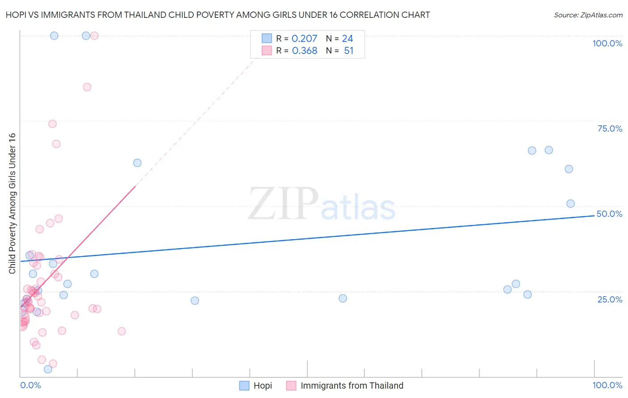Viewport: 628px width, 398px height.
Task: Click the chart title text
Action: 218,15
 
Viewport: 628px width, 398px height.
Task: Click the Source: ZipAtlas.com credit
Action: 588,15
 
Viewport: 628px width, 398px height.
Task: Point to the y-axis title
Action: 12,203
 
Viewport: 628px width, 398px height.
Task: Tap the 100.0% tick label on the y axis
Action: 607,43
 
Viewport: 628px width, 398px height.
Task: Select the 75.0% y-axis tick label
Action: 610,129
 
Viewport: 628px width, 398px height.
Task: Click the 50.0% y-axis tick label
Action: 609,214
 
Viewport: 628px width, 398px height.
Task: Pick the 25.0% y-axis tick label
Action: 610,299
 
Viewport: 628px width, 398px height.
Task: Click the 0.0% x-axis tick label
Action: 30,385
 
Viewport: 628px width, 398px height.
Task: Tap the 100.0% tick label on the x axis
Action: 607,385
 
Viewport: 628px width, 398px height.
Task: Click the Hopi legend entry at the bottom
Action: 262,386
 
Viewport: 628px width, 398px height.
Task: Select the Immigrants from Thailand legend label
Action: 352,386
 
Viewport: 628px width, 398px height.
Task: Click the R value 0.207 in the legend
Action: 304,39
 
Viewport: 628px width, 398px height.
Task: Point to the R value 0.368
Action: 304,51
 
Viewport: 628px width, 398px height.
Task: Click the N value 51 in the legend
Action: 348,51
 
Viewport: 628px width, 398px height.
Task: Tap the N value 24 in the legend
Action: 347,39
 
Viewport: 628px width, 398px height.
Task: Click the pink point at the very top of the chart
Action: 94,36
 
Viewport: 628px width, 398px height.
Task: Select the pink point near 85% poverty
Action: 87,87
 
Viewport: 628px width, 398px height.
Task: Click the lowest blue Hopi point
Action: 48,369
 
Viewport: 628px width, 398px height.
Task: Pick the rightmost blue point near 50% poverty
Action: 570,203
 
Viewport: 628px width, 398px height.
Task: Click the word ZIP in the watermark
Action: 283,204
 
